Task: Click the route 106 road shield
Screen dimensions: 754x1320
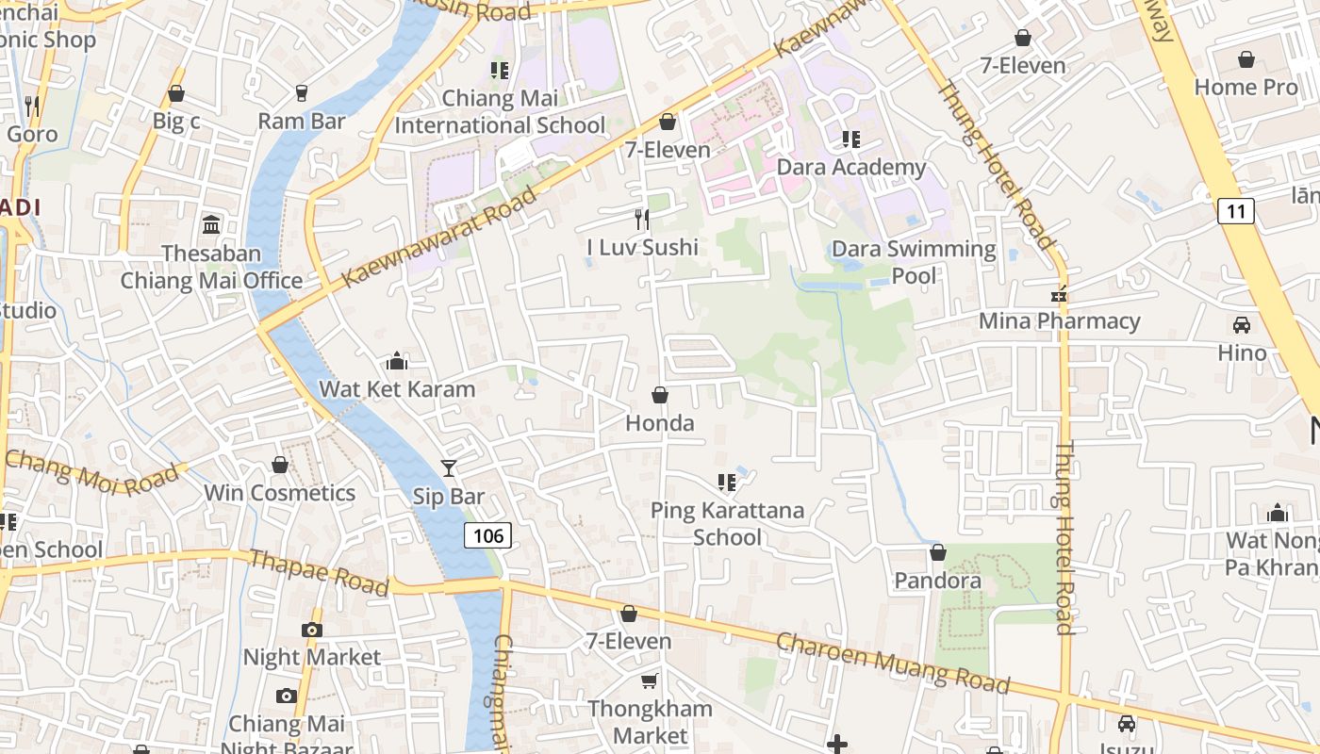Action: (x=487, y=536)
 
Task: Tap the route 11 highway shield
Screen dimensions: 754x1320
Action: (x=1235, y=211)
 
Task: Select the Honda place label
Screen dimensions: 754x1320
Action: (x=660, y=423)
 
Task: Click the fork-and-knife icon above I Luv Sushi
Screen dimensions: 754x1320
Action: (x=642, y=220)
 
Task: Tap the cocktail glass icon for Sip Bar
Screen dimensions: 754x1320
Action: (x=449, y=468)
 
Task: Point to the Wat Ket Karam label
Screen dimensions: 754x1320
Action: (x=397, y=388)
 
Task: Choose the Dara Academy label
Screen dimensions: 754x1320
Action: (x=851, y=167)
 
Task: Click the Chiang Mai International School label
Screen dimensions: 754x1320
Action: (x=500, y=111)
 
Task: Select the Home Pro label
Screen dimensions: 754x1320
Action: (x=1246, y=87)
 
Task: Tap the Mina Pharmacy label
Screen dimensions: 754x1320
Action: (x=1059, y=320)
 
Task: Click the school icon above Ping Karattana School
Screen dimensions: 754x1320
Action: (x=726, y=483)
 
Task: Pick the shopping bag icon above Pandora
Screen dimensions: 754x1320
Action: (x=937, y=552)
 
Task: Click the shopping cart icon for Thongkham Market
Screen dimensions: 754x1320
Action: (x=649, y=680)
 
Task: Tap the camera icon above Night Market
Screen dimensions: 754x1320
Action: (x=312, y=630)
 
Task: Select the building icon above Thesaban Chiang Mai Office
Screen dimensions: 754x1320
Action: (x=211, y=225)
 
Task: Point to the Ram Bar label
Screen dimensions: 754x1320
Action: (x=302, y=121)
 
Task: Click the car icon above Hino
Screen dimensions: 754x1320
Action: (x=1242, y=325)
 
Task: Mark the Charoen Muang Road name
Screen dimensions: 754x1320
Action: (x=892, y=663)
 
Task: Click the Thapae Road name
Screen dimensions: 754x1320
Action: (x=319, y=573)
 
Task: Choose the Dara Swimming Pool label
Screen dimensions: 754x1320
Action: (x=914, y=262)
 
